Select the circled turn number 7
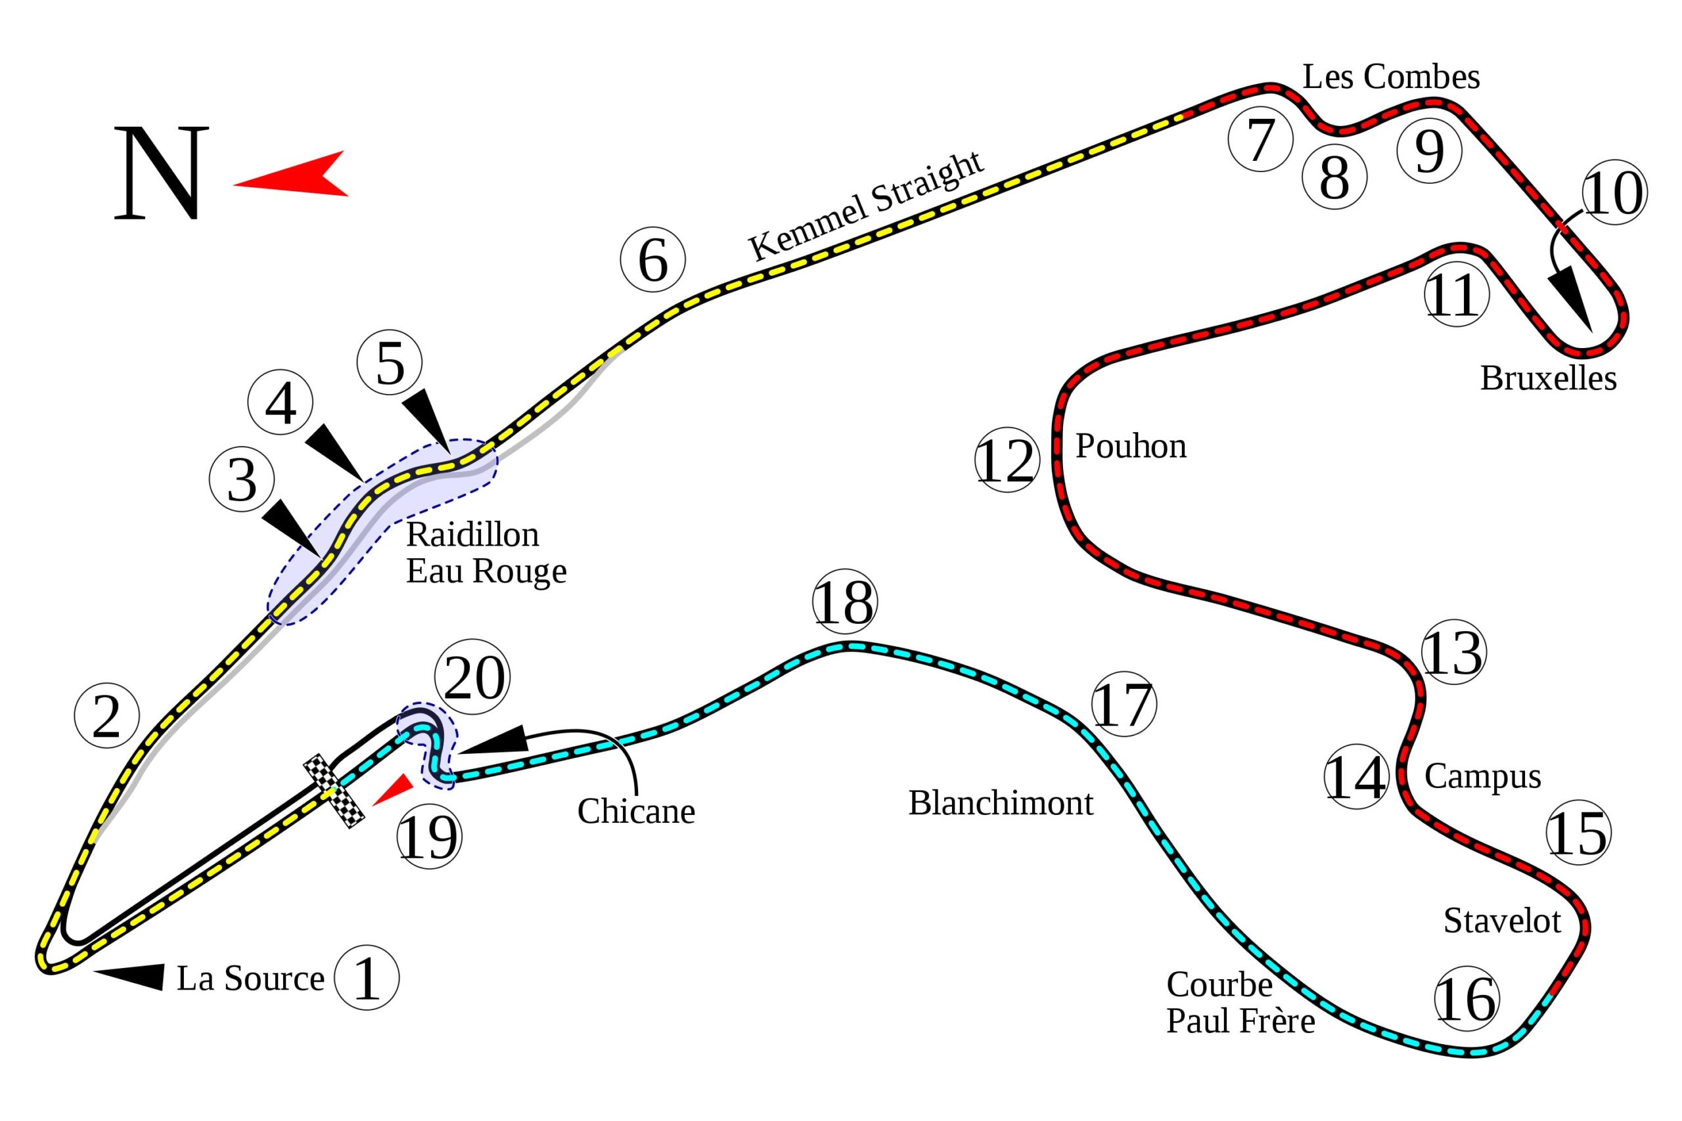(1260, 139)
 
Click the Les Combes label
(1390, 77)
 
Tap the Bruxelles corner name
(1547, 378)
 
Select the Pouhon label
(1131, 446)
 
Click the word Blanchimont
(1001, 804)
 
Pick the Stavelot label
(1502, 921)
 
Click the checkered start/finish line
(334, 791)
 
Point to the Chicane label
(636, 812)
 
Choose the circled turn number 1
(366, 978)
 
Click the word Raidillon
(472, 535)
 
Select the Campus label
(1482, 776)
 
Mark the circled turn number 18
(844, 602)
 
